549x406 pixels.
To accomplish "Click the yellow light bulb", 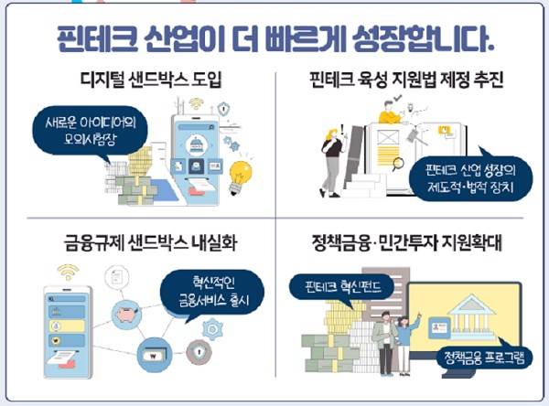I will click(242, 171).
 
